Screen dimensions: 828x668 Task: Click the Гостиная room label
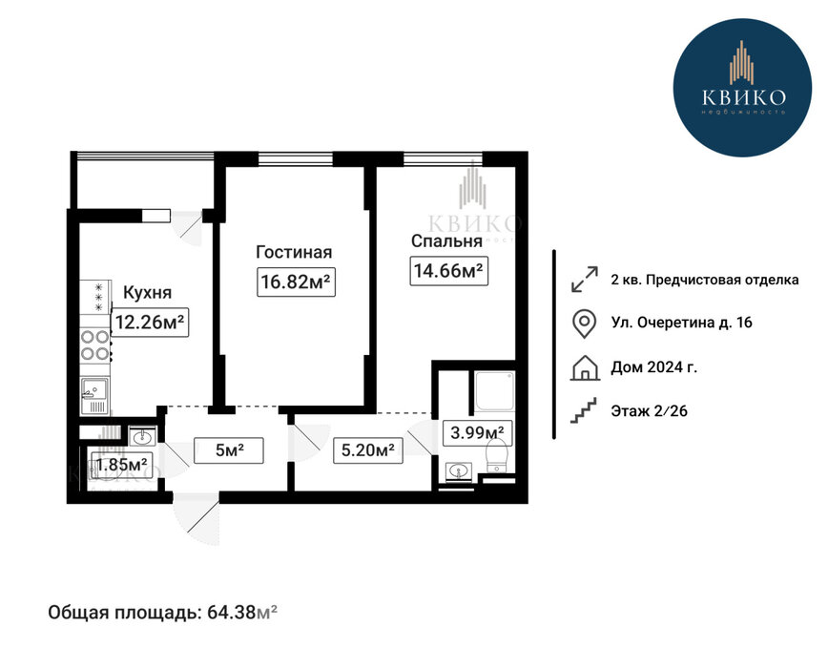tap(294, 253)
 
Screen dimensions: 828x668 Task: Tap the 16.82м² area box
tap(297, 282)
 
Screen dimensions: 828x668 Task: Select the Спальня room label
tap(446, 241)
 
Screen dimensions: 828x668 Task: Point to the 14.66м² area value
tap(449, 271)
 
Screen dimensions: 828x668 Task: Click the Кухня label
tap(147, 293)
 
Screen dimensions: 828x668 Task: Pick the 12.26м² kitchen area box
tap(150, 322)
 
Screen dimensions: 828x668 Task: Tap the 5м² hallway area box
tap(229, 450)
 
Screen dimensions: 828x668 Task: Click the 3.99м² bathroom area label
tap(477, 433)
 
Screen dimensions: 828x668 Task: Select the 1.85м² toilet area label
tap(121, 466)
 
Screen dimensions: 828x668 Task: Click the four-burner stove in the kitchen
tap(95, 344)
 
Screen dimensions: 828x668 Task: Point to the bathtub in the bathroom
tap(494, 390)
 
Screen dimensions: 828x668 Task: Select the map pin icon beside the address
tap(585, 324)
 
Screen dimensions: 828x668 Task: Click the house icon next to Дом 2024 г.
tap(585, 368)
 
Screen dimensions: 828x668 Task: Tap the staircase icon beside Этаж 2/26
tap(584, 411)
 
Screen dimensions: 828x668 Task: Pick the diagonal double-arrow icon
tap(585, 279)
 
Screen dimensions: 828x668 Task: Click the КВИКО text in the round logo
tap(743, 97)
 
